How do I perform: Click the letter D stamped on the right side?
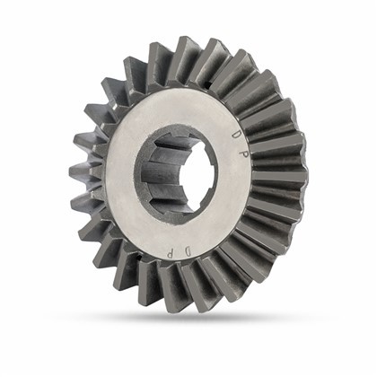(236, 134)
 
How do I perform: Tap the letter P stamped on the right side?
(244, 153)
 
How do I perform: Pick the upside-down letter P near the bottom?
(170, 254)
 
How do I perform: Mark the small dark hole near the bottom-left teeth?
(138, 256)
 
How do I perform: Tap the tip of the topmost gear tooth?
(183, 39)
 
